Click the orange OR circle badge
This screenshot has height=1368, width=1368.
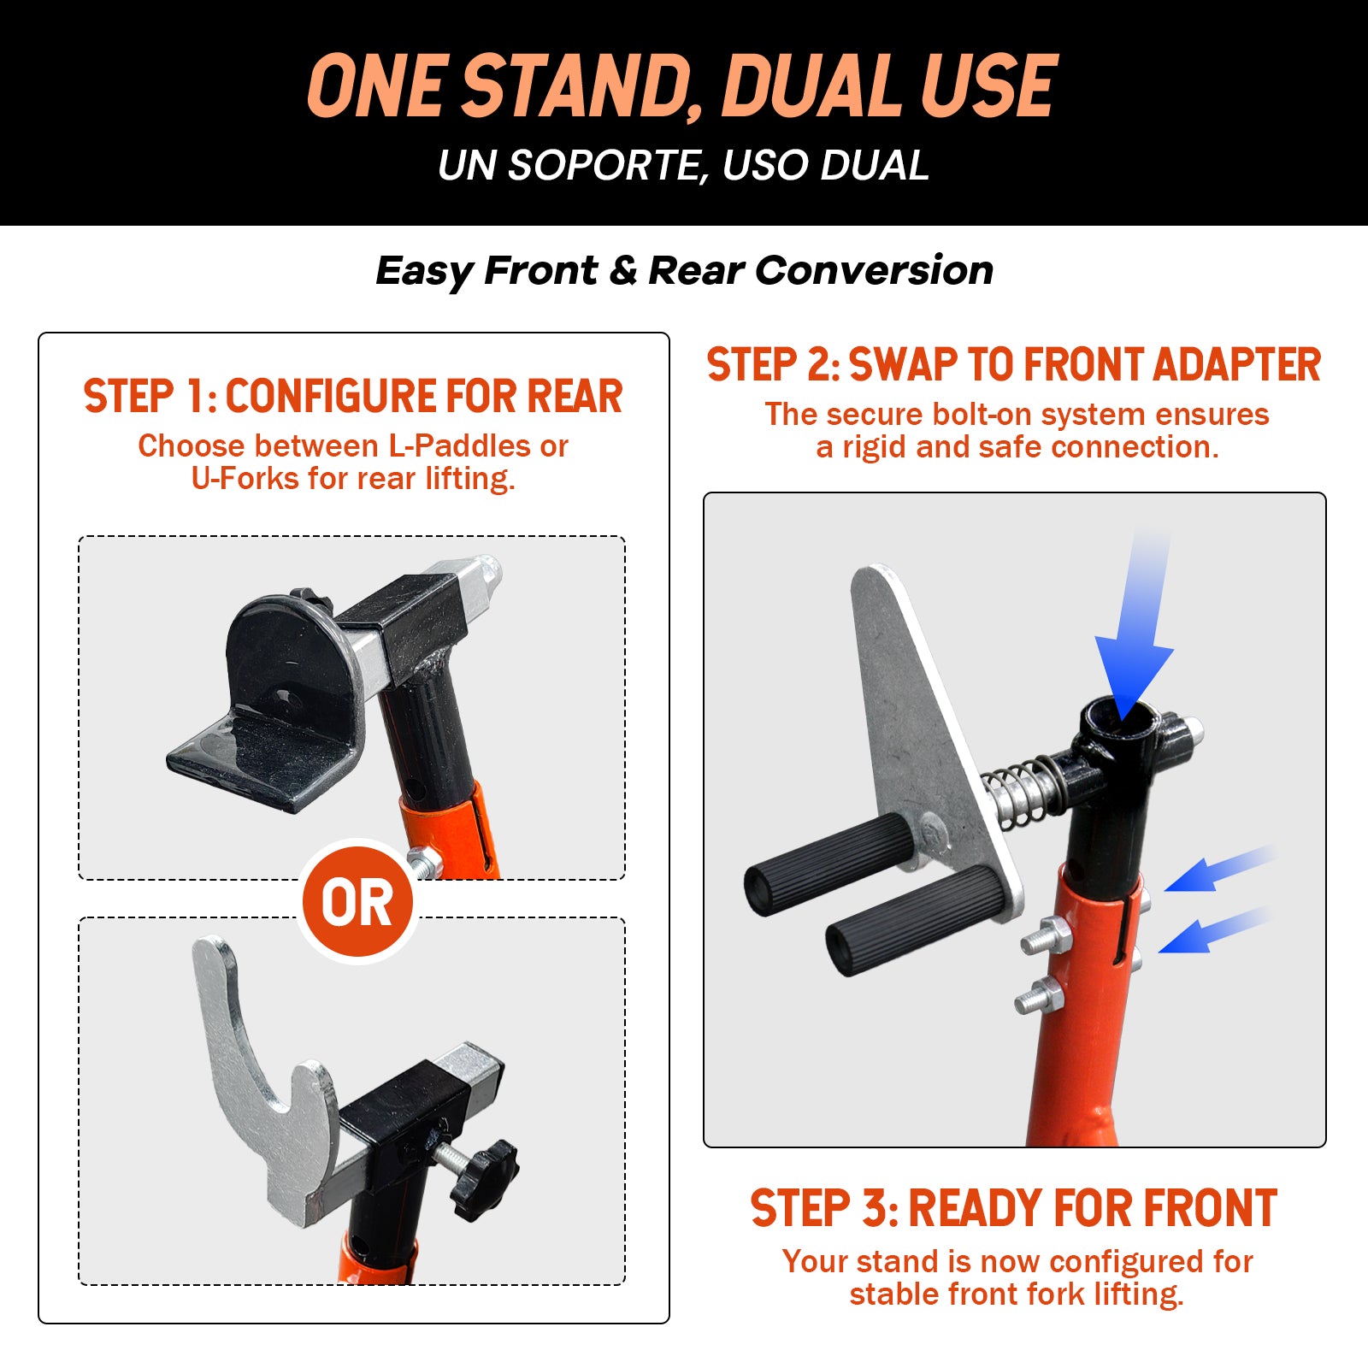click(x=358, y=902)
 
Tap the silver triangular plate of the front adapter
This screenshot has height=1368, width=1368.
click(x=932, y=735)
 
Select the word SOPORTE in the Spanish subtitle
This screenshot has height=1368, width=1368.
click(x=607, y=165)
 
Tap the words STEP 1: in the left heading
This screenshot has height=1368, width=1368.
click(x=150, y=397)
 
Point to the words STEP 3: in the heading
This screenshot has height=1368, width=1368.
click(x=824, y=1208)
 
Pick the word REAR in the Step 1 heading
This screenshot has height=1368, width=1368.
click(x=575, y=397)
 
